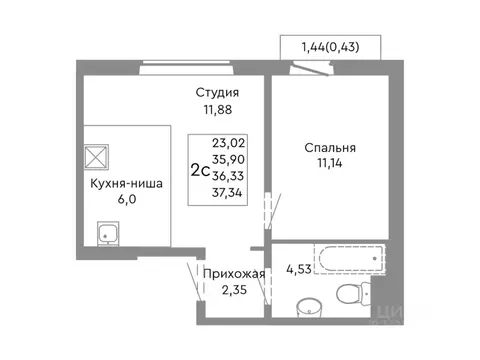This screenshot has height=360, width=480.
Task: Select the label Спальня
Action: coord(331,148)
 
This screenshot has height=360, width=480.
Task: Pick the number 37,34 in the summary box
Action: coord(229,192)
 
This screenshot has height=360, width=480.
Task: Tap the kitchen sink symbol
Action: coord(107,235)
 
